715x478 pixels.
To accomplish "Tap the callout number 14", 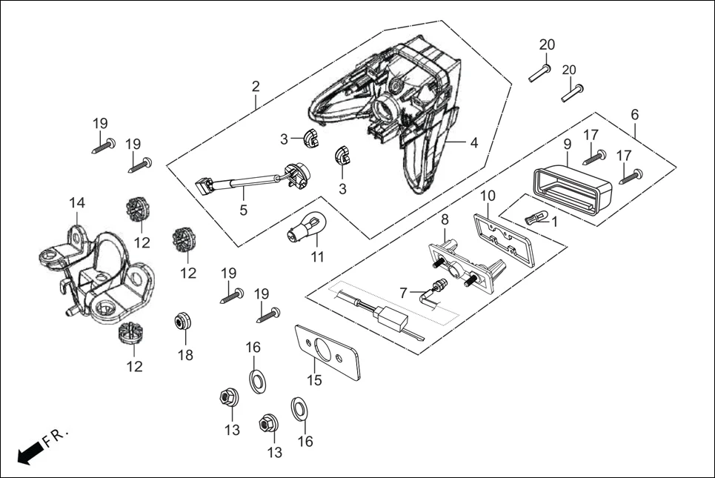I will click(x=77, y=203).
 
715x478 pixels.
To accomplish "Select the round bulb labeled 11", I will click(x=304, y=226).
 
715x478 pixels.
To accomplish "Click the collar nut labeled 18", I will click(x=182, y=322).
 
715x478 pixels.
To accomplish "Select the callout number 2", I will click(x=256, y=87).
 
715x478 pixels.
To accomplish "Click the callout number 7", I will click(x=403, y=293).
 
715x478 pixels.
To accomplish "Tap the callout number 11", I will click(x=318, y=258).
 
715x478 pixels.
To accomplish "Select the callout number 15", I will click(x=314, y=381).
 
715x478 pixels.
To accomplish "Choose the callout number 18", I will click(x=184, y=355).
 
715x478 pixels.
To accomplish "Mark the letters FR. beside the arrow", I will click(x=56, y=437).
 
